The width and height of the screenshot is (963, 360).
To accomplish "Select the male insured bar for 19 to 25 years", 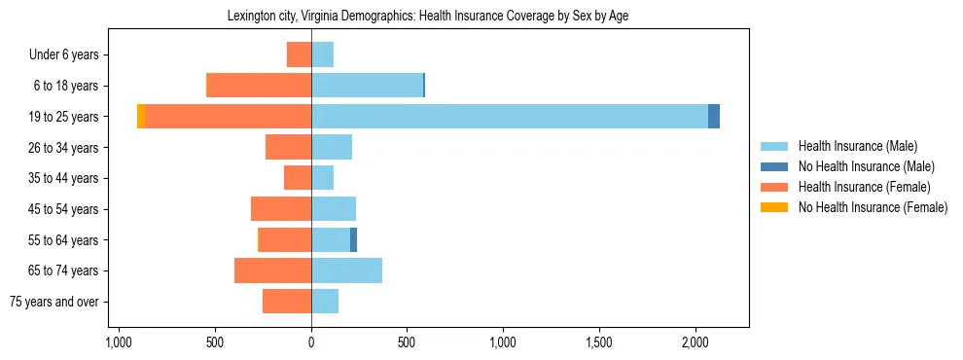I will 509,117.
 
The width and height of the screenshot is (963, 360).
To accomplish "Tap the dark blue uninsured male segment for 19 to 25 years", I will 714,117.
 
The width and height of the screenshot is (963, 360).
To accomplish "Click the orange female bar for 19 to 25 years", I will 228,117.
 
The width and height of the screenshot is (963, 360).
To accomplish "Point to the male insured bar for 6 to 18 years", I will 367,86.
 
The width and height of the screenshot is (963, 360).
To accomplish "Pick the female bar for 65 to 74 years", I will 272,270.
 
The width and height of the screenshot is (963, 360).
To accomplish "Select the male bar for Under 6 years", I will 322,54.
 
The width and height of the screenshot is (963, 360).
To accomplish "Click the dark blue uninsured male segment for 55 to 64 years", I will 353,240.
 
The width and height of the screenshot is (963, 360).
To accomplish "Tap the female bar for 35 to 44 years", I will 298,178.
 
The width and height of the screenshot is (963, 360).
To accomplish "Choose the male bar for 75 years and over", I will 325,302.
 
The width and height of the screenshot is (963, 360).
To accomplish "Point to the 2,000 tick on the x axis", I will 695,342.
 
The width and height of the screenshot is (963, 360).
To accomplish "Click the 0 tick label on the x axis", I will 311,342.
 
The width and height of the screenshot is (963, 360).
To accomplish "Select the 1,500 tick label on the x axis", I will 599,342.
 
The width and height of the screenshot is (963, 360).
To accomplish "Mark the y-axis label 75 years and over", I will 54,302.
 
